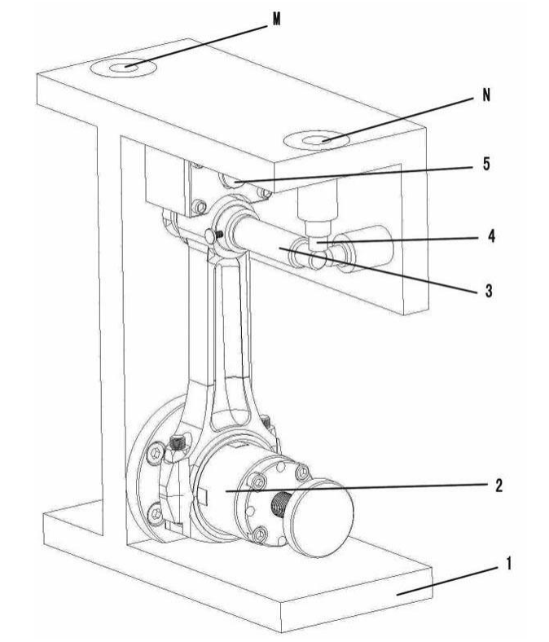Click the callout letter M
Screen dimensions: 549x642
pyautogui.click(x=277, y=19)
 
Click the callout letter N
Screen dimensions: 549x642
pyautogui.click(x=486, y=95)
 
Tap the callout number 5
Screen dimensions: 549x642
pyautogui.click(x=486, y=164)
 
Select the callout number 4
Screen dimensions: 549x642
pyautogui.click(x=491, y=236)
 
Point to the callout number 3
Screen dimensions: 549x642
pyautogui.click(x=489, y=291)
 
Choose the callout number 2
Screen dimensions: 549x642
pyautogui.click(x=498, y=486)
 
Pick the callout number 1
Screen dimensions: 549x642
pyautogui.click(x=509, y=564)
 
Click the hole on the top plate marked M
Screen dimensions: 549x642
pyautogui.click(x=123, y=68)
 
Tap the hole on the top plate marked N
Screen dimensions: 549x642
pyautogui.click(x=317, y=140)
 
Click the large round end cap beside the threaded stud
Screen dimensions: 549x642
pyautogui.click(x=319, y=518)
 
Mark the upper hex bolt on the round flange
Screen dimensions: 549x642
pyautogui.click(x=156, y=454)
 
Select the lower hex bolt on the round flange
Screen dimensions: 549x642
pyautogui.click(x=156, y=513)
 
